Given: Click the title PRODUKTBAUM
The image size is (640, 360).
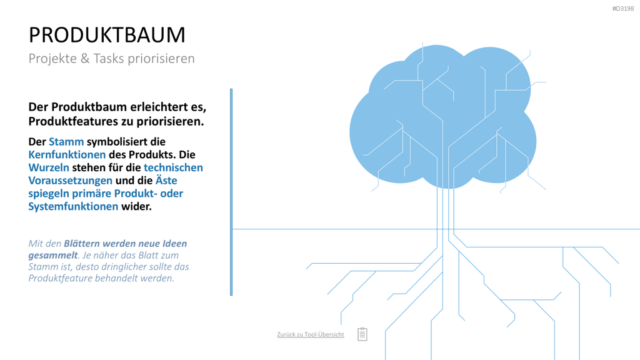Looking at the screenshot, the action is [107, 35].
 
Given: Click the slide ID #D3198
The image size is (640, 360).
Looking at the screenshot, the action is [623, 9].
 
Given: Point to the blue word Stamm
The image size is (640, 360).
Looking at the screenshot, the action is [66, 142].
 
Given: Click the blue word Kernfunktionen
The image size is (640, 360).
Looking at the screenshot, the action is [67, 155].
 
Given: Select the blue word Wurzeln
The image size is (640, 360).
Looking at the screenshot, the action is [49, 167].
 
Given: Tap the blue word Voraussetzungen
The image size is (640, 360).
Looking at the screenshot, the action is [70, 181].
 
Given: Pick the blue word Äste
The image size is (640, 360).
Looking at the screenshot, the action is [166, 180].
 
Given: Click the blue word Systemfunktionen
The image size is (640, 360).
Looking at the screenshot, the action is [73, 206].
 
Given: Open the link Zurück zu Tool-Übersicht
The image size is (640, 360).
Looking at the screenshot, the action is [311, 334].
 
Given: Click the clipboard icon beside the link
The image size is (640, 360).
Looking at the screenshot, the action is [362, 334].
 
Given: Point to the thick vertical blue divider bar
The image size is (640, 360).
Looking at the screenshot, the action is [231, 192].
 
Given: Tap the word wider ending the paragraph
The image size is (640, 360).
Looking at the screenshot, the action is [136, 206].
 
